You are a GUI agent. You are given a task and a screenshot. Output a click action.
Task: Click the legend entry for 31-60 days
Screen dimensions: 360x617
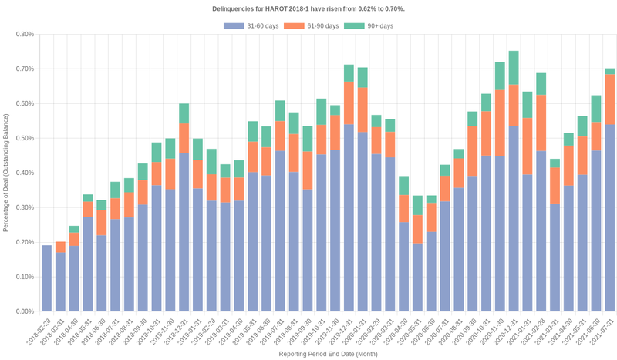[251, 26]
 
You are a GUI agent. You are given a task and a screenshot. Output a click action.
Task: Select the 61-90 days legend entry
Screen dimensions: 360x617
[312, 26]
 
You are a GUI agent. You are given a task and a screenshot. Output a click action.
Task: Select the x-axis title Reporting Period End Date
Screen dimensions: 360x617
[328, 354]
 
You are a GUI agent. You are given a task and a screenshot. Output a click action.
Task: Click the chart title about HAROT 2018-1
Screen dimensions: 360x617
[308, 8]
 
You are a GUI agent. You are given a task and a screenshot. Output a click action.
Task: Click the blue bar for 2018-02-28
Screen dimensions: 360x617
[46, 278]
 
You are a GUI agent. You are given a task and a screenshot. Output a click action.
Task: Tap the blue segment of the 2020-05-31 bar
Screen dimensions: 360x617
[416, 278]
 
